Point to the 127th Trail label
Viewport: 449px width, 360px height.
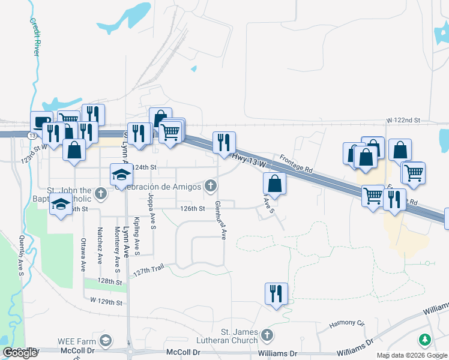tap(149, 271)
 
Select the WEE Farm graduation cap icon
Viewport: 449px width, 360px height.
tap(106, 341)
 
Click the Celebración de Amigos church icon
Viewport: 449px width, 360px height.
tap(210, 186)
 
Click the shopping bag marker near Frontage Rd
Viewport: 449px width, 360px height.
tap(274, 184)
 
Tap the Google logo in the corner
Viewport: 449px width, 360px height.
tap(20, 353)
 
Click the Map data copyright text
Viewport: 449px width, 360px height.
tap(411, 355)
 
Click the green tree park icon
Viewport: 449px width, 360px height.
tap(425, 340)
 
